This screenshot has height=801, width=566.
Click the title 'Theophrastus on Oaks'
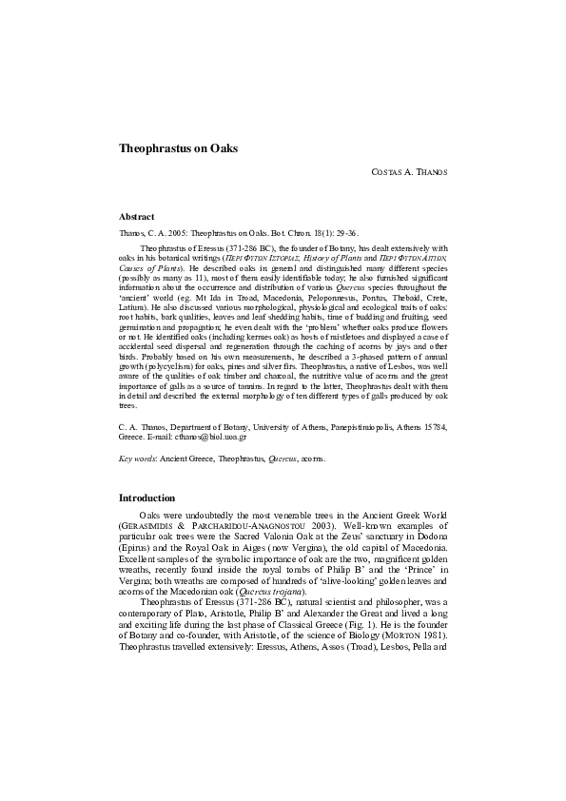[178, 148]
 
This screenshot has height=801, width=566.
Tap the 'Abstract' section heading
[136, 217]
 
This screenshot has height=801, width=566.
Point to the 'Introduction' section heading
[146, 498]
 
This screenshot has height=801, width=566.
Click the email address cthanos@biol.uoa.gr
[216, 437]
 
